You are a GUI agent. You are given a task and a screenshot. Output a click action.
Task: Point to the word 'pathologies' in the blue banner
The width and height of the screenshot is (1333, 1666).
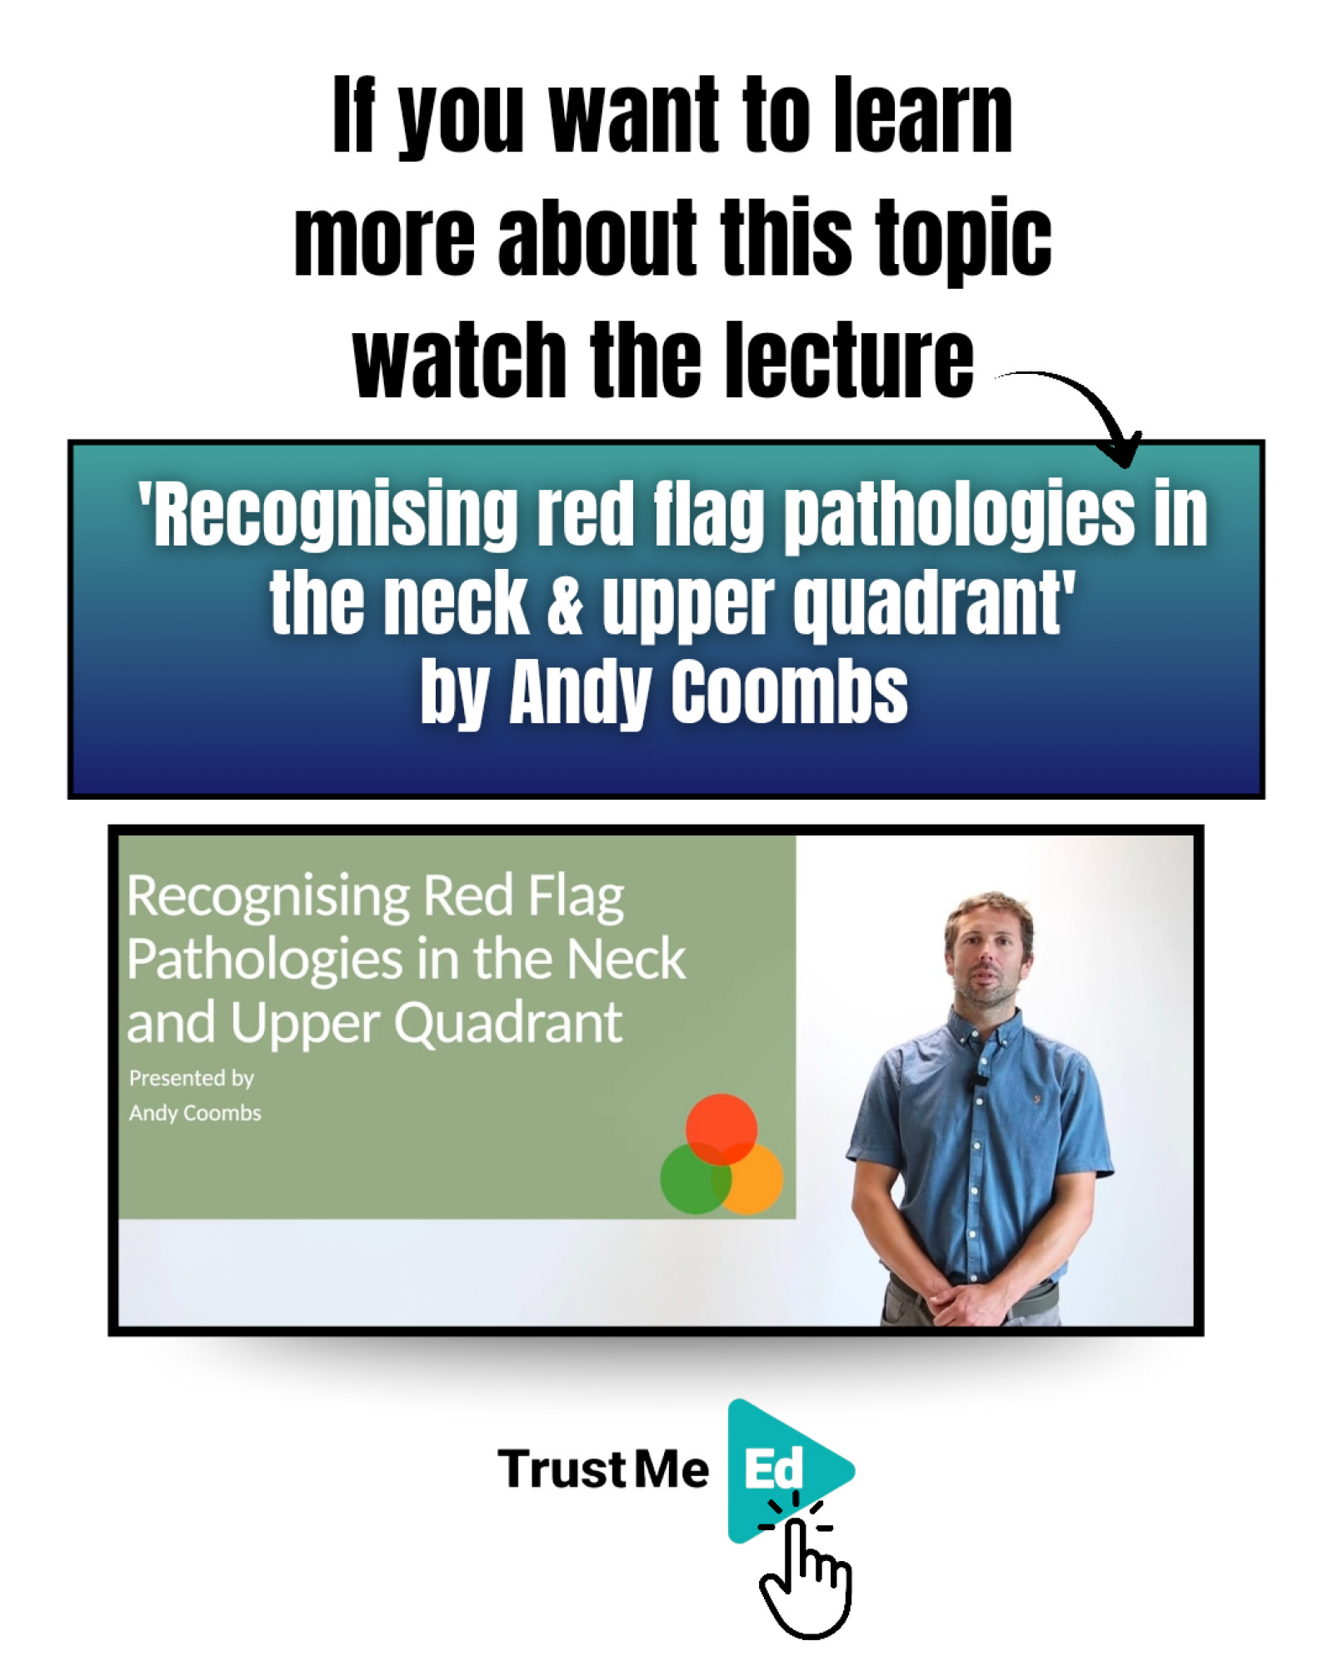click(x=961, y=517)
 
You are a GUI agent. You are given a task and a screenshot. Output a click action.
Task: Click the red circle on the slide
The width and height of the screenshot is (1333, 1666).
click(x=721, y=1129)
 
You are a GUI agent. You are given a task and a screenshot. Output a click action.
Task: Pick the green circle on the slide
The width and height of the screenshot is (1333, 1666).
click(x=695, y=1179)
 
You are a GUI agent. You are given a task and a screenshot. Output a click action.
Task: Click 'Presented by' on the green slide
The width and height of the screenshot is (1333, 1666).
click(x=192, y=1079)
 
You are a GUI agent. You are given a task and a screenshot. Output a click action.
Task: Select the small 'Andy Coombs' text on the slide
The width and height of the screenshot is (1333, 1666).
click(x=195, y=1113)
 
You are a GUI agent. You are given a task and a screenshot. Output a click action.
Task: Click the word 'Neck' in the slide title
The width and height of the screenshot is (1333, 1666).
click(x=626, y=959)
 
